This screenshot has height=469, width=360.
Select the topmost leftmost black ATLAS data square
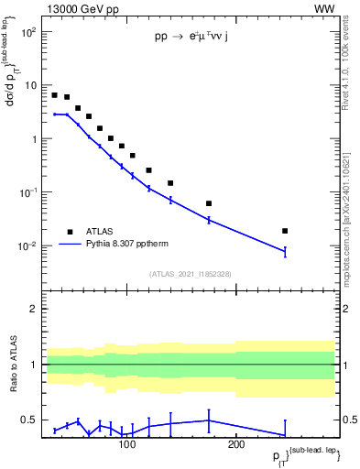pos(55,95)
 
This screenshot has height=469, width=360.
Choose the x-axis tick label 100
pos(127,445)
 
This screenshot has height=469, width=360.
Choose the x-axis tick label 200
pos(236,445)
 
